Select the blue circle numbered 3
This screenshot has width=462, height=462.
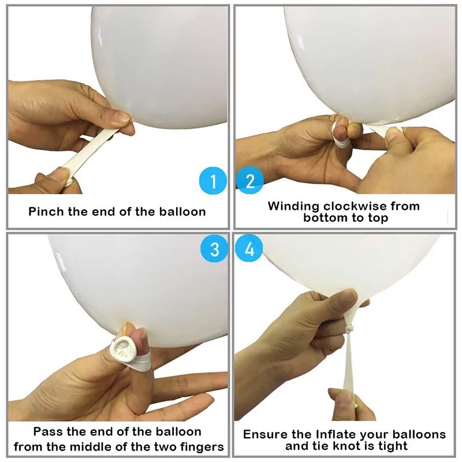point(214,249)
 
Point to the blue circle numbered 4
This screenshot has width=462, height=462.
point(249,249)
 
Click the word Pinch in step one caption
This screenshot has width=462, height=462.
point(46,211)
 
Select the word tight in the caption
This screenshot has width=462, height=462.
point(392,446)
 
